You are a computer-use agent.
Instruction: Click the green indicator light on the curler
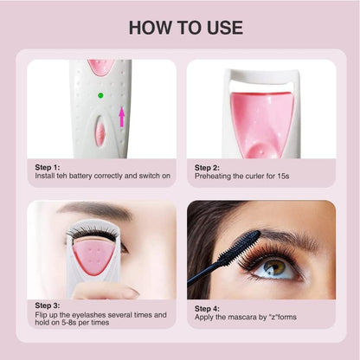(100, 95)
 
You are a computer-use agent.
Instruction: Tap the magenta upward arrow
(122, 117)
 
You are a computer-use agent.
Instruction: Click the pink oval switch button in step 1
(100, 133)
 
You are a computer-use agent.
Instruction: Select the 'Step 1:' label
(48, 167)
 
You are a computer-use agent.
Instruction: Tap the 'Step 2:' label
(207, 168)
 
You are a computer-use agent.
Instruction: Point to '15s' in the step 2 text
(283, 176)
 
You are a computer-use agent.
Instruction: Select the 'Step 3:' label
(48, 305)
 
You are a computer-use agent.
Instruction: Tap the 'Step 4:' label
(207, 309)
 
